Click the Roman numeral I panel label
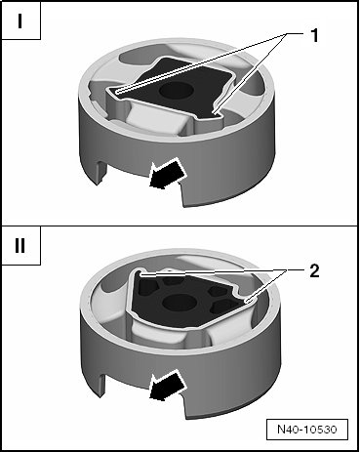click(20, 21)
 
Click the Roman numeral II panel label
click(20, 246)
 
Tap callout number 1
click(314, 35)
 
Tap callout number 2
click(314, 270)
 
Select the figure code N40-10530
click(307, 429)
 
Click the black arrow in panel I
click(167, 174)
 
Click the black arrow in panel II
click(167, 387)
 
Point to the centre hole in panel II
click(180, 302)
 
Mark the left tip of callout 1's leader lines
click(116, 92)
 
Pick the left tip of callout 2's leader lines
click(140, 275)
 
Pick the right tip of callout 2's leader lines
click(248, 302)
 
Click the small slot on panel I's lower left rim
click(101, 173)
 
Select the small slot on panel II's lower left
click(101, 385)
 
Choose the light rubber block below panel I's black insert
click(155, 119)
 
